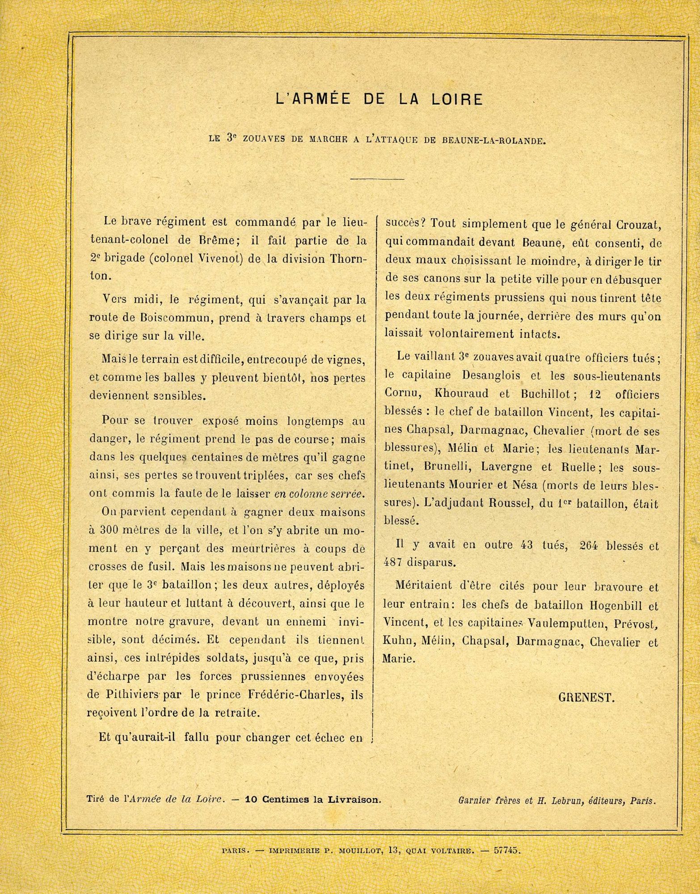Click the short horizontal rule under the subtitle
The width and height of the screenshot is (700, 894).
377,180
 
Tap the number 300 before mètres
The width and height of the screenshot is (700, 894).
108,531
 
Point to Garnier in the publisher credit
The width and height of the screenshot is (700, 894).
475,801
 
